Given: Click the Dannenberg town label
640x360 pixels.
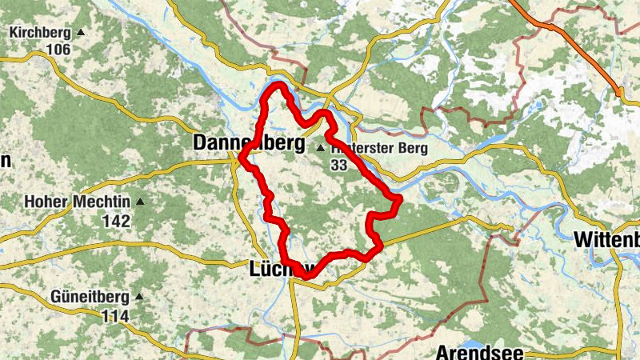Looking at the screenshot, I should [248, 143].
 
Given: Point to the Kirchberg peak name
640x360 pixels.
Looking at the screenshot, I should [40, 33].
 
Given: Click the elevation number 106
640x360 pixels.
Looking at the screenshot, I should [58, 50].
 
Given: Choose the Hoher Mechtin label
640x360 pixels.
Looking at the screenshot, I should [79, 202].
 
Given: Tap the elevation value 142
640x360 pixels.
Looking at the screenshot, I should [116, 220].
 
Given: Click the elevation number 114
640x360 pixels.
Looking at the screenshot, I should [116, 315].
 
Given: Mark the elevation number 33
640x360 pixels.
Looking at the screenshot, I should [340, 164].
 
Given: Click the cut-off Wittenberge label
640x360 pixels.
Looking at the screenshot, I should [606, 239].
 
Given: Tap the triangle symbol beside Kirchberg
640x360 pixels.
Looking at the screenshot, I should [80, 33].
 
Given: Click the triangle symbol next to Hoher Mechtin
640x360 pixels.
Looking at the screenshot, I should [142, 202].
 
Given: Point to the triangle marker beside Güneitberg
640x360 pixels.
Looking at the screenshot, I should [139, 297].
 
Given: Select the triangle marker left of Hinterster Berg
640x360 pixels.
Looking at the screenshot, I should [321, 148].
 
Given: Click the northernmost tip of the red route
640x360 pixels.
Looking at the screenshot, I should [278, 85].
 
